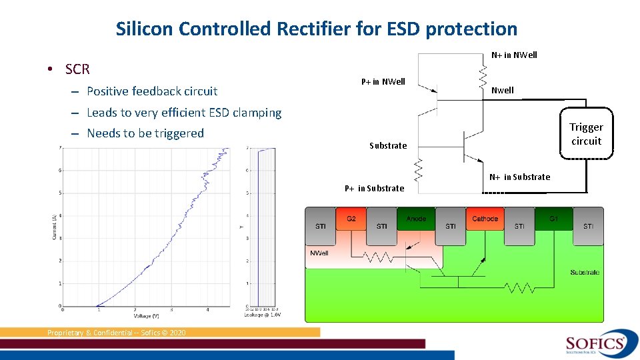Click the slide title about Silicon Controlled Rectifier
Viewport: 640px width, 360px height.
click(316, 29)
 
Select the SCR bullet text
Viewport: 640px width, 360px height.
click(77, 69)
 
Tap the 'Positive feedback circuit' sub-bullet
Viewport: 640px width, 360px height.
click(152, 91)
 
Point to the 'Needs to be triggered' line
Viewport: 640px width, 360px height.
click(145, 133)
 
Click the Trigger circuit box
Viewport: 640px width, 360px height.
click(586, 134)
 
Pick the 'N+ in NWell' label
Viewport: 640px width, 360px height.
click(514, 55)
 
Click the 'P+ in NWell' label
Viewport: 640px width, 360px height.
click(383, 82)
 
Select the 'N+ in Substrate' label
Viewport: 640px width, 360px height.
click(519, 177)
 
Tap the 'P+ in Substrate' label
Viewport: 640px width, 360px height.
click(374, 188)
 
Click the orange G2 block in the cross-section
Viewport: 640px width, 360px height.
click(351, 219)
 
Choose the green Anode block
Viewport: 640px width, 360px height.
click(416, 219)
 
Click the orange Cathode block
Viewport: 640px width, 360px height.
click(485, 219)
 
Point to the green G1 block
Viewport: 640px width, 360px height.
click(553, 219)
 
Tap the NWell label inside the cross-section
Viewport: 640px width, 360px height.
click(319, 253)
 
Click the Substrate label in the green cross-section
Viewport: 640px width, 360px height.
click(584, 272)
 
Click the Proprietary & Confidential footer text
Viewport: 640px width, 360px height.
click(117, 333)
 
